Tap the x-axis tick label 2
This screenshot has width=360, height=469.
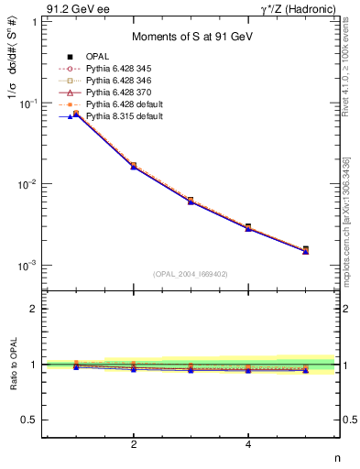[x=134, y=445]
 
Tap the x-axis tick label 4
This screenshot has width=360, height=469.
[x=248, y=445]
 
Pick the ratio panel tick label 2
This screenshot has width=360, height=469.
[x=35, y=309]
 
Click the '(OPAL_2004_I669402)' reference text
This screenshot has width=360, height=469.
[x=191, y=274]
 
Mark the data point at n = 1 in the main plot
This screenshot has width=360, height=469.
[x=76, y=114]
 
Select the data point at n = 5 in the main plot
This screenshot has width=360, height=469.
[x=305, y=249]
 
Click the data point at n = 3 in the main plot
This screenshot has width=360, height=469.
[x=191, y=200]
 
